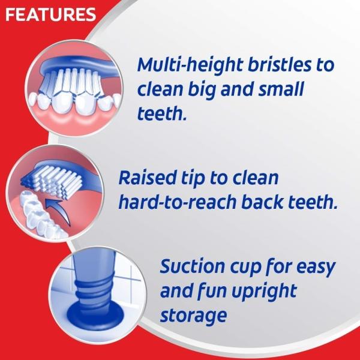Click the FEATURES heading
[x=50, y=14]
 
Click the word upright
[x=263, y=292]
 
